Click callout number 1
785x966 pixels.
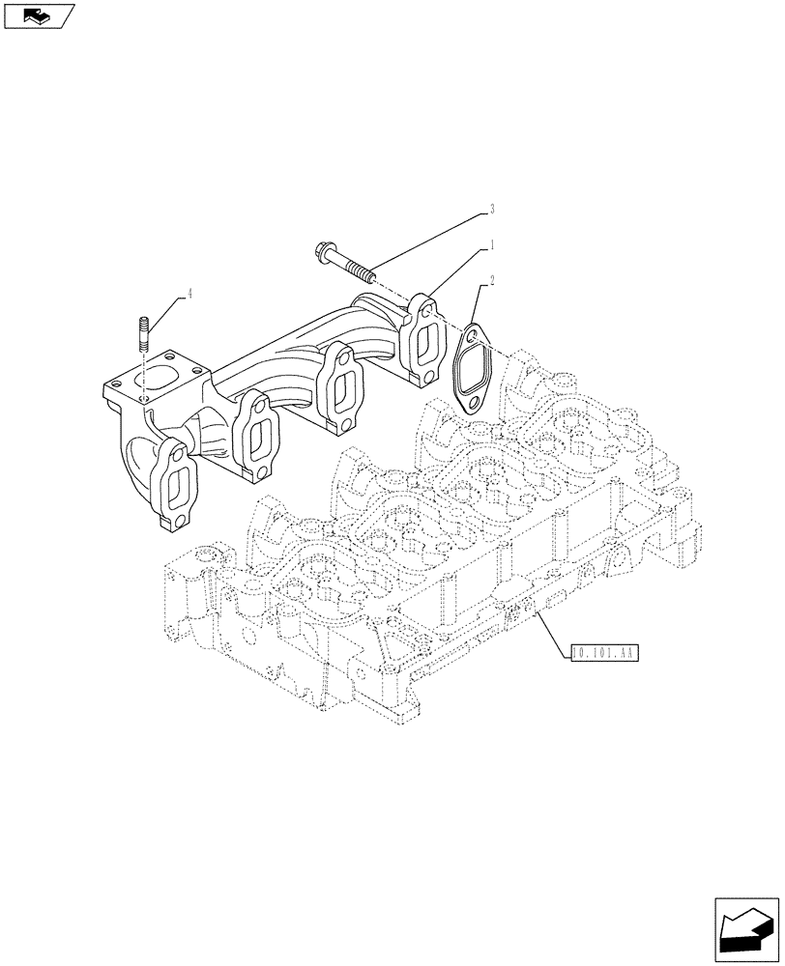(492, 243)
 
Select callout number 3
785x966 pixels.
(492, 208)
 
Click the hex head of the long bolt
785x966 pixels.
(321, 254)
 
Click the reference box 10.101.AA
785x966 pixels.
(605, 654)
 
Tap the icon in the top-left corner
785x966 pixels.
(38, 15)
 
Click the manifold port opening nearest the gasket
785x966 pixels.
(422, 345)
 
